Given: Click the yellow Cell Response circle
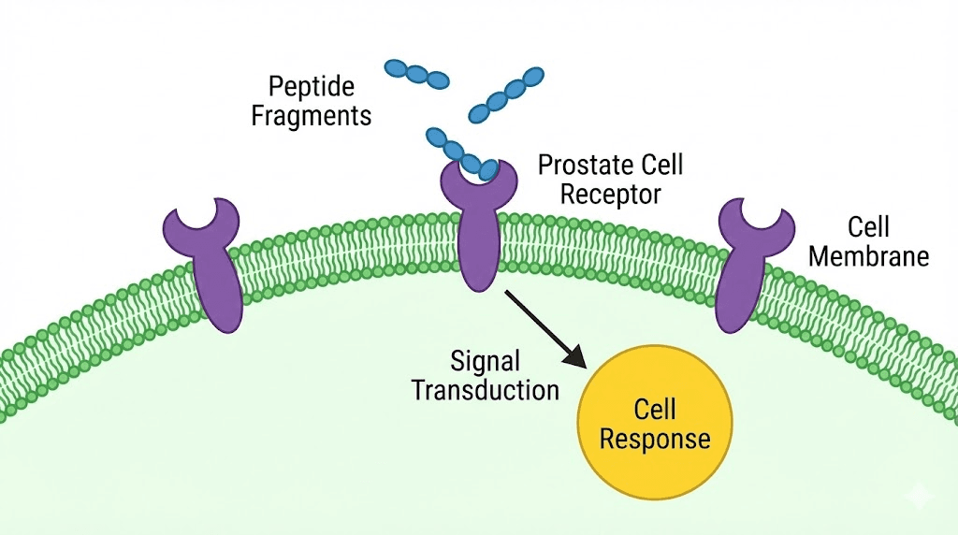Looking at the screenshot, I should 655,423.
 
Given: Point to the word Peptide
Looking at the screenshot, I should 312,87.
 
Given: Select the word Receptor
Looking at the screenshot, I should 600,195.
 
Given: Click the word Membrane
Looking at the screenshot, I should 868,255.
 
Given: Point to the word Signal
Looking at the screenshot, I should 485,360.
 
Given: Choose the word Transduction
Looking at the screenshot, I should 486,389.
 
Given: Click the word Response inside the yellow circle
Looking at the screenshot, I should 655,438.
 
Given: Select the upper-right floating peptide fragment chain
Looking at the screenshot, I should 505,95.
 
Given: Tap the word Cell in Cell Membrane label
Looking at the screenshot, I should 868,227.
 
